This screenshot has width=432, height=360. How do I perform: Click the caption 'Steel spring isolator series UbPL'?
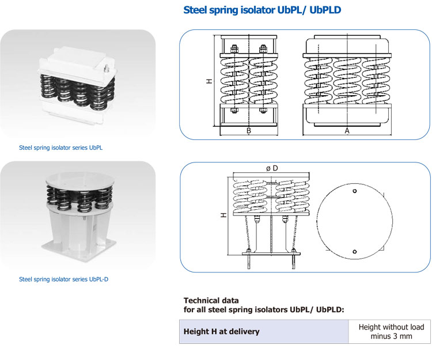[61, 147]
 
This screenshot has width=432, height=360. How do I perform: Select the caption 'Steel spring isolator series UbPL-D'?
[64, 279]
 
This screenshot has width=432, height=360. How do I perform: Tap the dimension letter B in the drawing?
[249, 131]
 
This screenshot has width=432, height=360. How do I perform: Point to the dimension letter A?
[347, 131]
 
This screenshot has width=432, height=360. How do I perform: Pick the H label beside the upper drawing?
[209, 81]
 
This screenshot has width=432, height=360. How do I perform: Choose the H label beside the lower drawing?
[223, 214]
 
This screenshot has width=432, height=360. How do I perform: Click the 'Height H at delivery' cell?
[221, 331]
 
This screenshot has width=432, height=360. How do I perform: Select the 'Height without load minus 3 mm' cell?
[391, 331]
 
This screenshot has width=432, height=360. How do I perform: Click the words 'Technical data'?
[211, 301]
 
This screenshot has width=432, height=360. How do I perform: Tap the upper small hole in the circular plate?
[355, 191]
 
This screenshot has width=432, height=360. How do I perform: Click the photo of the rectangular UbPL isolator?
[78, 84]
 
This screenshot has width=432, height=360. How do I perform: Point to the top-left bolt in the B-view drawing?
[234, 48]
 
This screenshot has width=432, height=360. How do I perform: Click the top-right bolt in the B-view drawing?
[263, 48]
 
